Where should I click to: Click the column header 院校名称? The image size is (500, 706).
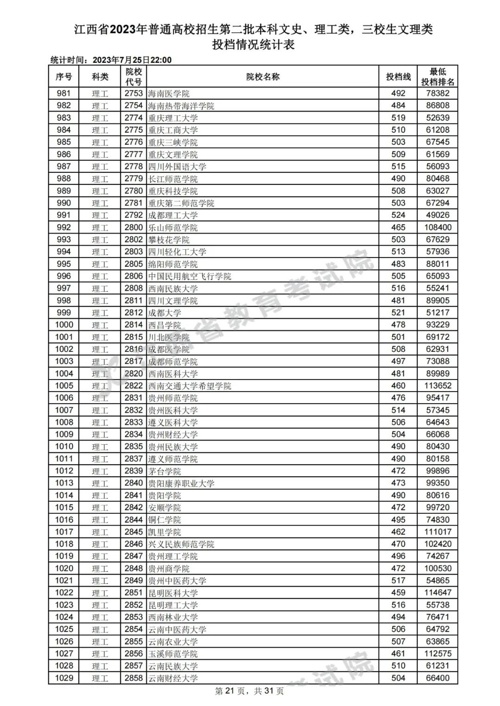coord(262,77)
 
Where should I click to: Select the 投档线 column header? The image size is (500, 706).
coord(398,77)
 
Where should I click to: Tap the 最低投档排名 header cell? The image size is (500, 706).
coord(437,77)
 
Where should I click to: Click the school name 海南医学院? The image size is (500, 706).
coord(169,93)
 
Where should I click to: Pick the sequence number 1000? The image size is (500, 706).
coord(64,325)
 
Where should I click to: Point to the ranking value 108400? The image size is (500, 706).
coord(437,227)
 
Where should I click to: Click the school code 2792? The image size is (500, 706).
coord(133,215)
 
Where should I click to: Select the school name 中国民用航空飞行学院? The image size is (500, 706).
coord(189,276)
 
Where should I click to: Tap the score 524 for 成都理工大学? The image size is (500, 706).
coord(398,215)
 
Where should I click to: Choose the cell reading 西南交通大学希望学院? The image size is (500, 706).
coord(189,386)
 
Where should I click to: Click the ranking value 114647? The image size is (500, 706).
coord(437,593)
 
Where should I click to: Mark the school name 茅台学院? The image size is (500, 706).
coord(164,471)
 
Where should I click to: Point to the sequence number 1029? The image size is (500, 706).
coord(64,678)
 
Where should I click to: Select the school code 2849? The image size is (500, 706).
coord(133,581)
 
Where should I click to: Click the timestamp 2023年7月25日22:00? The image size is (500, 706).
coord(132,60)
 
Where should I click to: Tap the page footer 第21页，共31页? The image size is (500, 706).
coord(250,691)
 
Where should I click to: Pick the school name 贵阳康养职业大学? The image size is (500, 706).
coord(181,483)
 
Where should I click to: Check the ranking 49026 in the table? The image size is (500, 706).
coord(437,215)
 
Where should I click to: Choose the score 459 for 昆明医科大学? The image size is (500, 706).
coord(398,593)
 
